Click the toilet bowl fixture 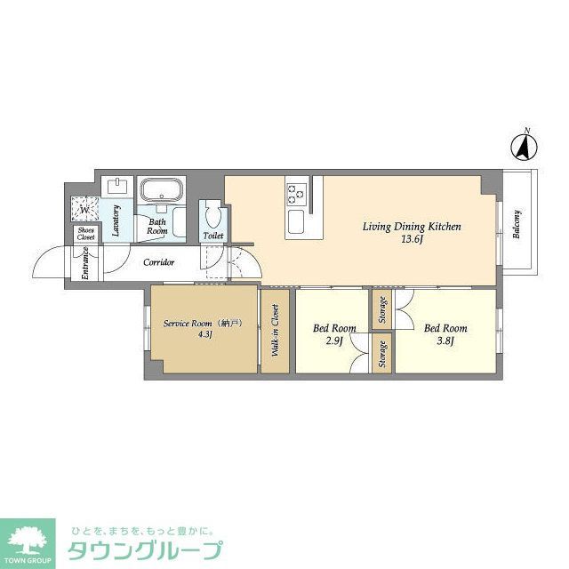212,215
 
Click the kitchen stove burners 295,190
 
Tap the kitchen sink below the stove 295,220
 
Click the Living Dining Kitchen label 411,227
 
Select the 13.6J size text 410,241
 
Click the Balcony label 517,223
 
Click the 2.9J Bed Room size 333,341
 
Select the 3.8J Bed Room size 445,341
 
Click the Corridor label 160,262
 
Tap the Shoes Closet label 85,234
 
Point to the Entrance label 85,263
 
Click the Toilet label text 213,236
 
